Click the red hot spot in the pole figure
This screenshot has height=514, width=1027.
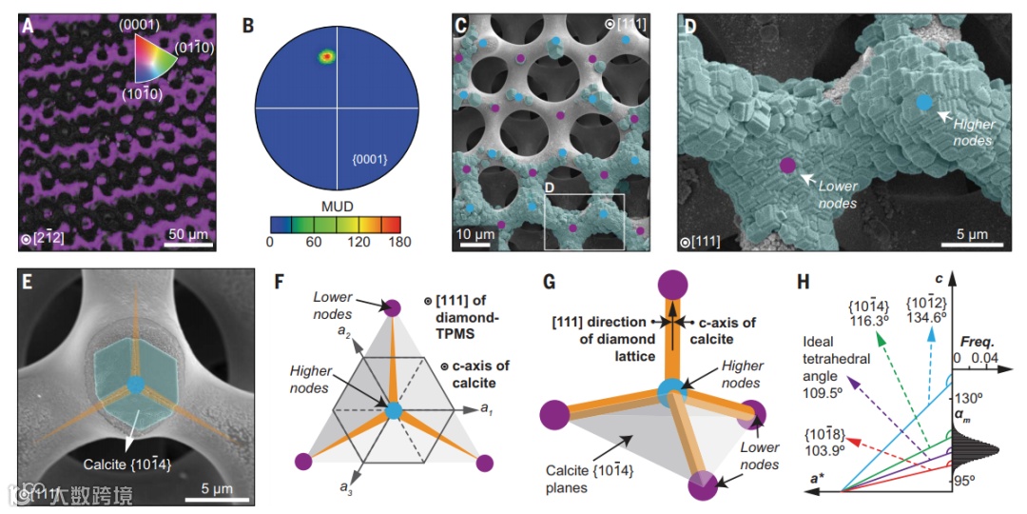[326, 57]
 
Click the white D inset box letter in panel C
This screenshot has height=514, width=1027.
[552, 189]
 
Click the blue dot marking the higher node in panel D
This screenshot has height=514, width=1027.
[922, 102]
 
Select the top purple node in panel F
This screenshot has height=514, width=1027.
[390, 306]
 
